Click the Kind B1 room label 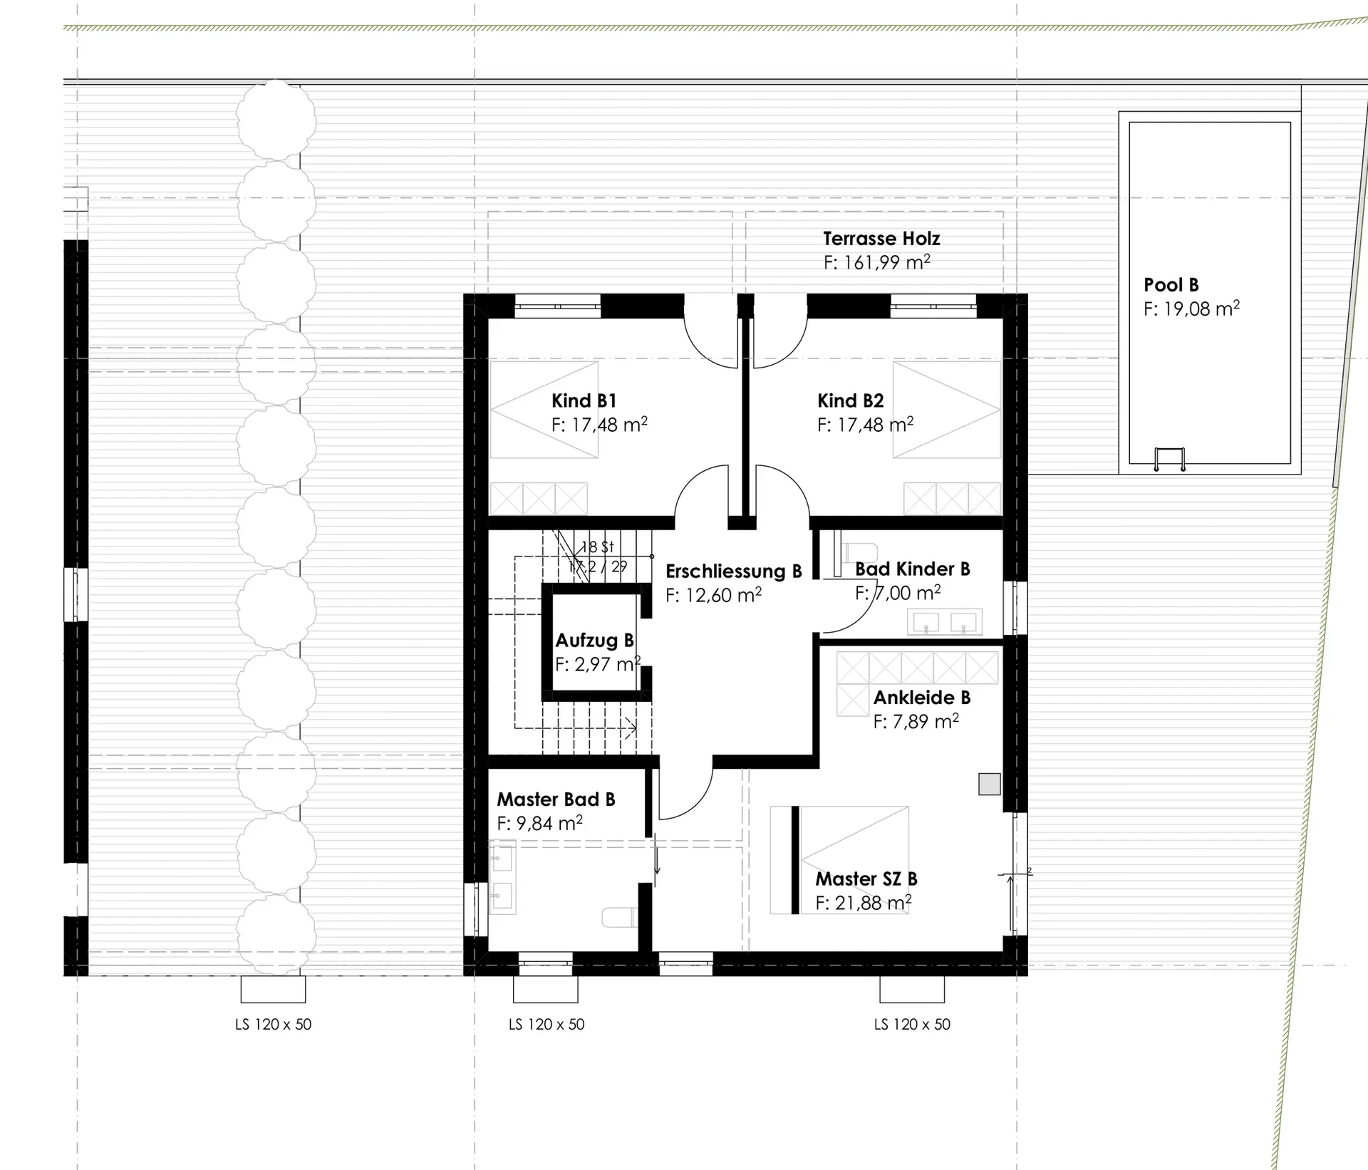584,400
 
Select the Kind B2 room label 851,400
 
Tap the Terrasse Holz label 881,238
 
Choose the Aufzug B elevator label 595,640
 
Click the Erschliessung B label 734,571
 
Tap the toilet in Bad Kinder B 859,552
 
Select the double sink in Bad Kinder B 945,621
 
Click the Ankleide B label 922,697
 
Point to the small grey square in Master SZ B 989,784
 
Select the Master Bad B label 556,799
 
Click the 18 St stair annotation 597,547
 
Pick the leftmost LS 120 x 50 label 274,1024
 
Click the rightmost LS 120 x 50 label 912,1024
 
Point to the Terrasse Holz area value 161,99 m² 876,262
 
